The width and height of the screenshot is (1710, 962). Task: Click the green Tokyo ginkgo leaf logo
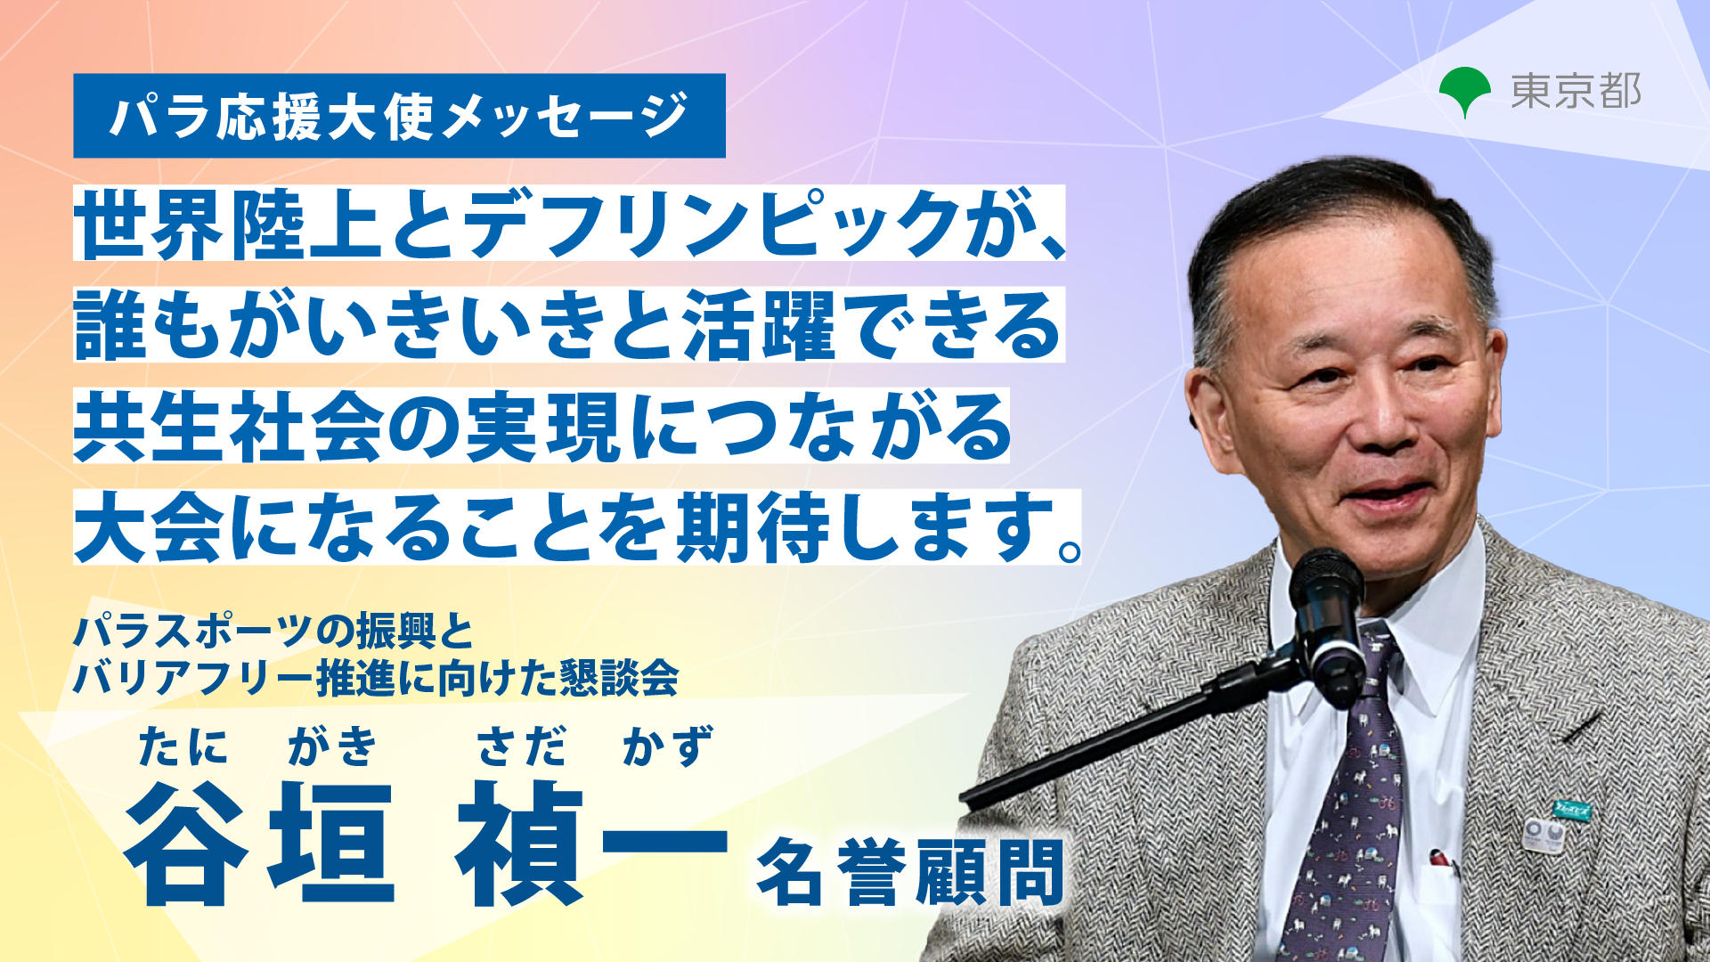pos(1464,91)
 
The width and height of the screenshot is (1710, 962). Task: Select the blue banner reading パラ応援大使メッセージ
pos(399,116)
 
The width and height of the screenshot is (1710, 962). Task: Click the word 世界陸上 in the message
pos(228,224)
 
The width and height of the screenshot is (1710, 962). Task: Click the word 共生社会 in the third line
pos(228,427)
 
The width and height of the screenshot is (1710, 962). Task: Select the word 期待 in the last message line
pos(753,527)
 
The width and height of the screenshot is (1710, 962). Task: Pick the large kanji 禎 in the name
pos(519,843)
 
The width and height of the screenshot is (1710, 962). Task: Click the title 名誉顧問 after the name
pos(910,872)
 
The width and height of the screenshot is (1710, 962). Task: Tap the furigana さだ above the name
pos(521,746)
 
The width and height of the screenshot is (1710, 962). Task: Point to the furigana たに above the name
pos(183,746)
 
